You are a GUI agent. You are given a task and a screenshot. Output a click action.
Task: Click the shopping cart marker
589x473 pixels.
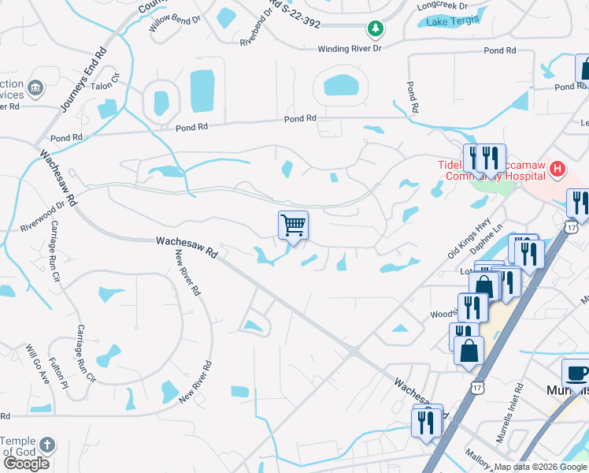[293, 225]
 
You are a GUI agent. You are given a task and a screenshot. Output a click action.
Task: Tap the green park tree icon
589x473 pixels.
[376, 30]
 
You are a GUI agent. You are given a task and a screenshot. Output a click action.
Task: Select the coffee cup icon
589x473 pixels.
[577, 373]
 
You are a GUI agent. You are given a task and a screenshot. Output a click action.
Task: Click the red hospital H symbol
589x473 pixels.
[558, 168]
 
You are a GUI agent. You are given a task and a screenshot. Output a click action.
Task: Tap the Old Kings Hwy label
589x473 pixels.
[469, 239]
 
